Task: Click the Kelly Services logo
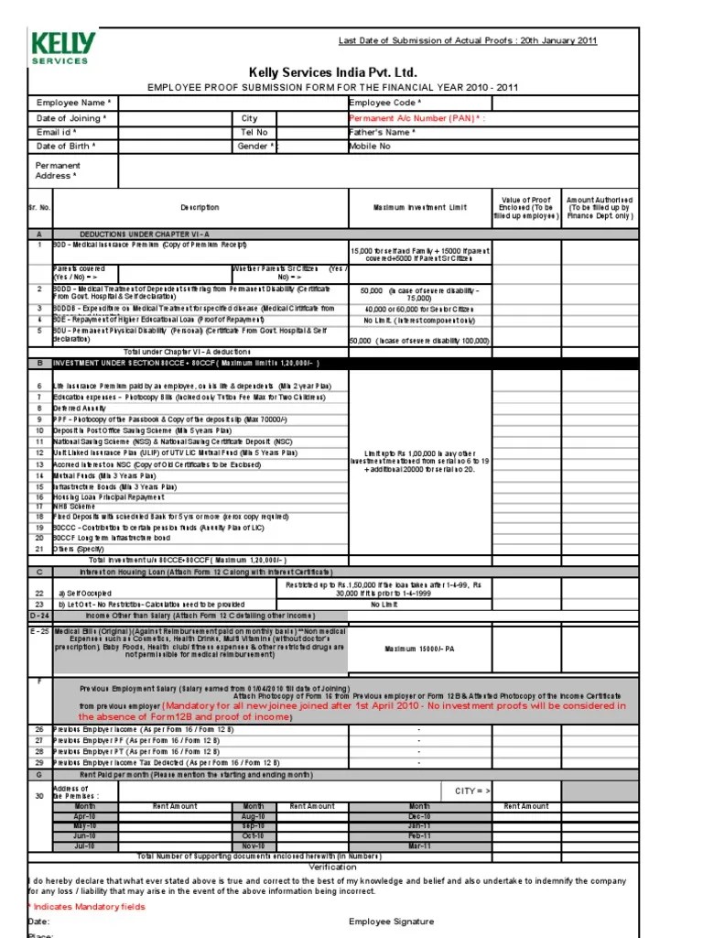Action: click(59, 48)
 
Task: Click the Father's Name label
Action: click(383, 132)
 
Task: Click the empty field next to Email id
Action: click(175, 132)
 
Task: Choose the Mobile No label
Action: click(370, 146)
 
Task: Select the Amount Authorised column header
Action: click(599, 208)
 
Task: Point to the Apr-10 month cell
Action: click(84, 815)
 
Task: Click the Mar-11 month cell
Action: click(419, 845)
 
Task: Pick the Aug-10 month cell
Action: click(254, 815)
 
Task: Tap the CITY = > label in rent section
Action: click(472, 790)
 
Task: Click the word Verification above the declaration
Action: click(332, 867)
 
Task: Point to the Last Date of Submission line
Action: click(468, 41)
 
